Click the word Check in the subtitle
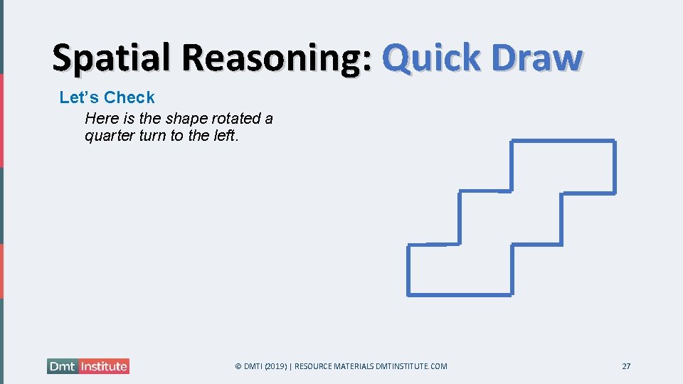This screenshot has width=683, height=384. pyautogui.click(x=129, y=97)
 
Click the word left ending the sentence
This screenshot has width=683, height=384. pyautogui.click(x=226, y=135)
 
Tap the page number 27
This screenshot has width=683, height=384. pyautogui.click(x=626, y=366)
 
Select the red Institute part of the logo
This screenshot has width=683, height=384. pyautogui.click(x=104, y=366)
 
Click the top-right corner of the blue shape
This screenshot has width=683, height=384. pyautogui.click(x=614, y=142)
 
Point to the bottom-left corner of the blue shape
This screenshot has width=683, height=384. pyautogui.click(x=408, y=294)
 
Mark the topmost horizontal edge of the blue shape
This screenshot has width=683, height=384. pyautogui.click(x=562, y=142)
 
